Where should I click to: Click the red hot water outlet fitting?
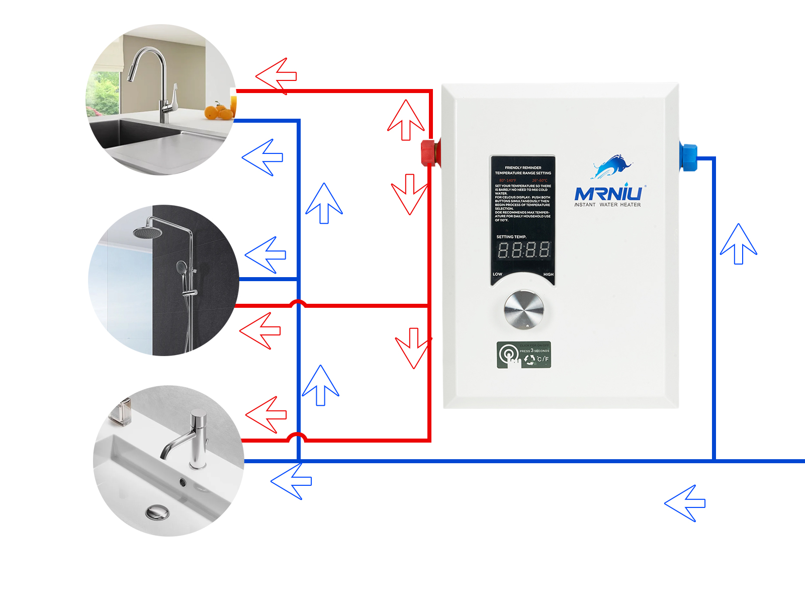click(x=429, y=153)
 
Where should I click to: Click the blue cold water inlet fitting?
click(x=688, y=156)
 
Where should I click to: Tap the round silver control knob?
click(x=524, y=309)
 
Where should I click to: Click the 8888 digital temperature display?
click(x=523, y=249)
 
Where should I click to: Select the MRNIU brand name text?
click(x=608, y=194)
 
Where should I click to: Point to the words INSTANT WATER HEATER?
click(x=607, y=205)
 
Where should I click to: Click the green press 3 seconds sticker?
click(x=523, y=355)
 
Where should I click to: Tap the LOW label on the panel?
click(x=497, y=274)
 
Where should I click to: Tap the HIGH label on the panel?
click(x=548, y=274)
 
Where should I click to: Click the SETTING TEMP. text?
click(x=511, y=236)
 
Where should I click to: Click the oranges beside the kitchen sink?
click(x=219, y=112)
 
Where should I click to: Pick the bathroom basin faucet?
click(x=191, y=438)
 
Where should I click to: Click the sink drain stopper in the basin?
click(x=157, y=513)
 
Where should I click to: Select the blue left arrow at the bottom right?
click(x=685, y=503)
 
